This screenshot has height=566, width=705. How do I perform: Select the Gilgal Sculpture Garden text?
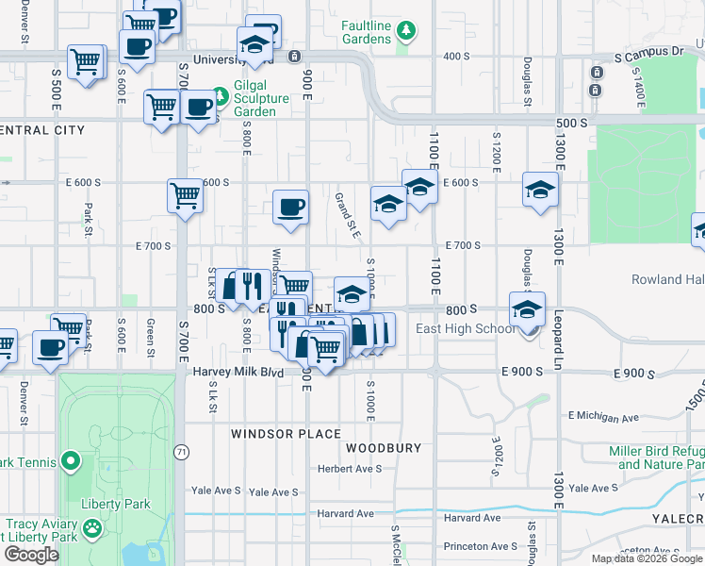tap(255, 104)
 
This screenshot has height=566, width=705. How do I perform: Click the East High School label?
tap(466, 328)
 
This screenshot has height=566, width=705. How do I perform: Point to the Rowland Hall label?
tap(667, 279)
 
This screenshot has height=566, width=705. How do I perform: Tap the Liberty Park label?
tap(115, 504)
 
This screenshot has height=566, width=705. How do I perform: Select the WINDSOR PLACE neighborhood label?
tap(286, 434)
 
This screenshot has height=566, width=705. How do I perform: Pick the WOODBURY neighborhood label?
tap(382, 448)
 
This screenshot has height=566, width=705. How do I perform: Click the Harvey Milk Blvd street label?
tap(238, 373)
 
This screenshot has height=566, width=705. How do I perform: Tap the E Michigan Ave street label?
tap(603, 416)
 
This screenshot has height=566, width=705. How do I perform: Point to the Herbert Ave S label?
tap(349, 468)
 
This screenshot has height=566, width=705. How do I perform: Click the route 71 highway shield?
tap(181, 453)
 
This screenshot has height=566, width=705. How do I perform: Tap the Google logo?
tap(31, 555)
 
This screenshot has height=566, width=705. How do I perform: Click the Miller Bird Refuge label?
tap(656, 458)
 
